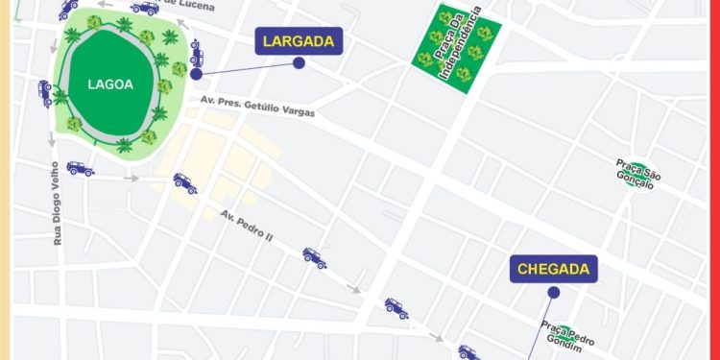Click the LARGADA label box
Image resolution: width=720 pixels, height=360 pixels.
point(300,41)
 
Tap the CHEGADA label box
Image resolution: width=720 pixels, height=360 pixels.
point(555,269)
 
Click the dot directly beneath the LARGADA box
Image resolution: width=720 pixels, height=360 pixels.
point(300,63)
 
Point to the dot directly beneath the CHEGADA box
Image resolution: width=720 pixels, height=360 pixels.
point(553,292)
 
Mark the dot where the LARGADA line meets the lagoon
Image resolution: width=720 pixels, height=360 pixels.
point(196,73)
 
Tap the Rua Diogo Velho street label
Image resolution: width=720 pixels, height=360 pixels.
point(58,203)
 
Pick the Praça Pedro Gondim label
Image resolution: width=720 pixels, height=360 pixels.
point(567,336)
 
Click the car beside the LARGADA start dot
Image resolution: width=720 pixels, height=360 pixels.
point(197,52)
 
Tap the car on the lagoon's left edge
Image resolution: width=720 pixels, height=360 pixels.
point(45,92)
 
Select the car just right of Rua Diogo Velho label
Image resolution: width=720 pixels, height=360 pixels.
point(80,169)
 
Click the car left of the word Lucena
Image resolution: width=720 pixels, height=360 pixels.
point(145,8)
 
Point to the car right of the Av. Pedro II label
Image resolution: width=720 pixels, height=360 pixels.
point(314,256)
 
